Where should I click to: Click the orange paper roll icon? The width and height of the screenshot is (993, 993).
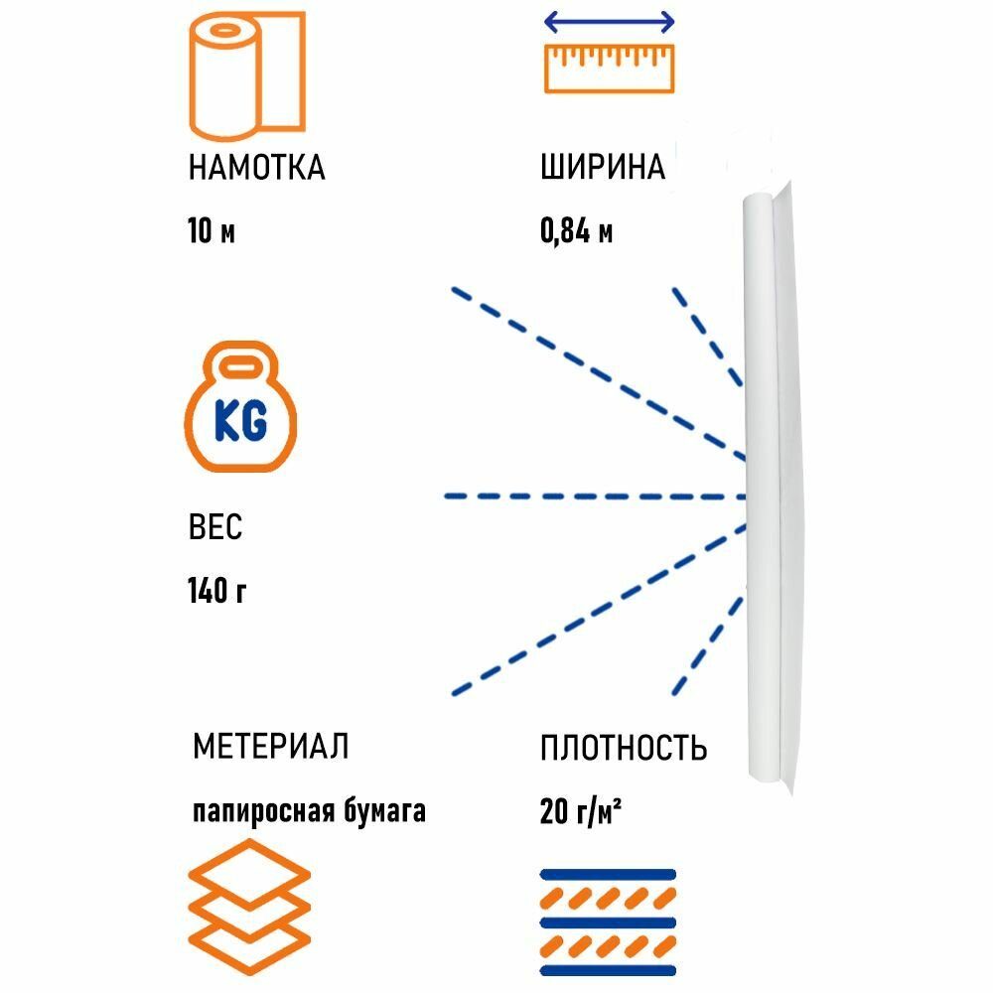(x=247, y=76)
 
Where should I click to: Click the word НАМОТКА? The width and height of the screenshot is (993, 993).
(x=256, y=168)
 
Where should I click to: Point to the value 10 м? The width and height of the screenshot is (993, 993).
(x=212, y=232)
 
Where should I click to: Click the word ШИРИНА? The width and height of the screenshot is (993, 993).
(x=603, y=168)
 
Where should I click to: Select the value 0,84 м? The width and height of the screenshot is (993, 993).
(x=576, y=232)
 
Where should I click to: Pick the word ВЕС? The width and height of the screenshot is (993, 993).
(x=214, y=527)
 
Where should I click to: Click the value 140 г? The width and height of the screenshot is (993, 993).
(x=216, y=592)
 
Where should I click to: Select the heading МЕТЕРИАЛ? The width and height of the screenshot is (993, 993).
(x=270, y=746)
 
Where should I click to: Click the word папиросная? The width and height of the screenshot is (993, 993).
(x=262, y=812)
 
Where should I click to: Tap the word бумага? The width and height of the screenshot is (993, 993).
(x=383, y=812)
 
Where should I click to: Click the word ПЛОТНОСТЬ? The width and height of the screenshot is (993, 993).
(x=624, y=747)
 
